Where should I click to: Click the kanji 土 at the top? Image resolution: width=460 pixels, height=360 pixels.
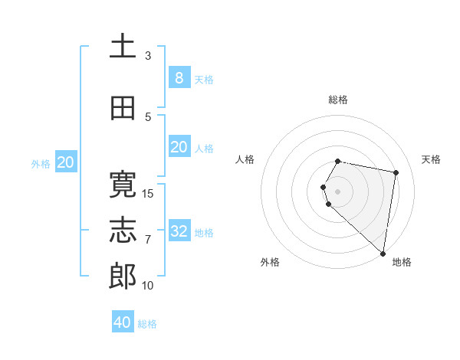click(x=123, y=47)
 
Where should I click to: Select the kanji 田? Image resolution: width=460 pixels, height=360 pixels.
click(x=123, y=108)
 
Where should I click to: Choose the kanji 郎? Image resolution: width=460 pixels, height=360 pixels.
click(x=123, y=277)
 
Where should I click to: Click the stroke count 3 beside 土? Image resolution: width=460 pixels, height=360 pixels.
click(x=148, y=56)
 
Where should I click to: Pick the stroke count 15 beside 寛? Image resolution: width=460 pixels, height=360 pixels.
click(x=148, y=193)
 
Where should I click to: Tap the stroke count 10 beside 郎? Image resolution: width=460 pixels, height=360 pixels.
click(x=148, y=285)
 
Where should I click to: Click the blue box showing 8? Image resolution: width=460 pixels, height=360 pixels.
click(x=179, y=77)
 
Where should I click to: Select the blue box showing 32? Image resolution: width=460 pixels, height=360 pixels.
click(x=179, y=231)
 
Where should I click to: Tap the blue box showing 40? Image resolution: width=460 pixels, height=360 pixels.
click(x=123, y=322)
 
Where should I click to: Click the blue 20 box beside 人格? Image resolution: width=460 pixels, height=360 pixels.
click(x=179, y=147)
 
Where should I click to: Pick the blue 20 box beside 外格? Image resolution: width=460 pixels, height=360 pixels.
click(x=66, y=162)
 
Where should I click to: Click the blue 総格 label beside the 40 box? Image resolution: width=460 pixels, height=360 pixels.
click(x=147, y=324)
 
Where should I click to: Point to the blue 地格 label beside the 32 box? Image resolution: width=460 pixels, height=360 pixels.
click(x=204, y=232)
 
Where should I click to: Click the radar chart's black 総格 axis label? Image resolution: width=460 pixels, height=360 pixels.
click(x=338, y=100)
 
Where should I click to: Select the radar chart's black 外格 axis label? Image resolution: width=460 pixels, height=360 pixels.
click(x=270, y=262)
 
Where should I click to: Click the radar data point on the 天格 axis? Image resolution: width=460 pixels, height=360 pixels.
click(x=396, y=172)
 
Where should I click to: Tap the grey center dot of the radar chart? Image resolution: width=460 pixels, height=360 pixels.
click(x=338, y=191)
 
